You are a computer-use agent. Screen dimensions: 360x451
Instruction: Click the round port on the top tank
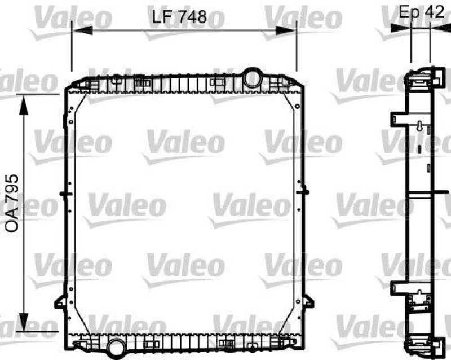point(251,76)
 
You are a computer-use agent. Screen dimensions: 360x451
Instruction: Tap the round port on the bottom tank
point(116,345)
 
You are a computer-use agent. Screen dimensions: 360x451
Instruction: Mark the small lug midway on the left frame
point(63,194)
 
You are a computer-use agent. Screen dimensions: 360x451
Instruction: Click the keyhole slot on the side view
point(420,126)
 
